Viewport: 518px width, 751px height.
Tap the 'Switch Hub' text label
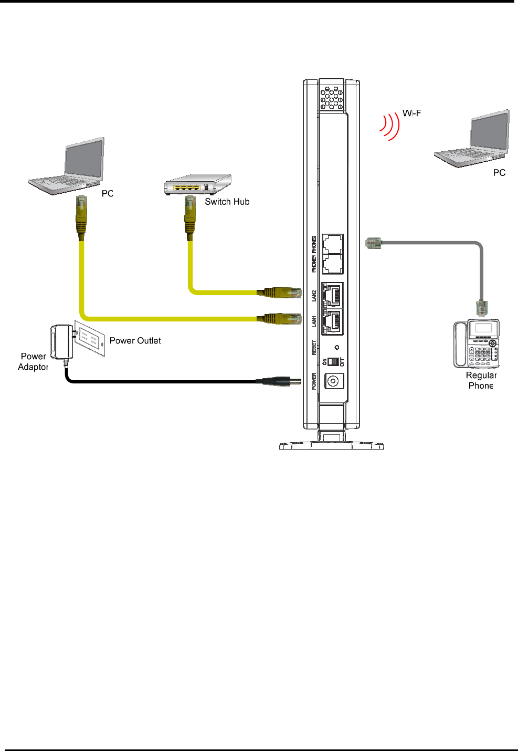[x=227, y=202]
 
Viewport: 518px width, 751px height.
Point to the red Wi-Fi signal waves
[x=388, y=126]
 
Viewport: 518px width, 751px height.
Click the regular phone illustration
[x=477, y=343]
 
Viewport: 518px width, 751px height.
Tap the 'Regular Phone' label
[x=481, y=380]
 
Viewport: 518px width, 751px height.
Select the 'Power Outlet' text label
[x=135, y=341]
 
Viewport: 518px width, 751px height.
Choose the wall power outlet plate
[x=90, y=339]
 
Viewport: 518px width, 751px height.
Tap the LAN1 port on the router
[x=332, y=321]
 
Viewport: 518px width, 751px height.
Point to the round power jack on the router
[x=334, y=381]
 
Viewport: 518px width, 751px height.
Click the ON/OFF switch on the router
[x=333, y=362]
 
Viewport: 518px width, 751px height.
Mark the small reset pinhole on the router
[x=337, y=347]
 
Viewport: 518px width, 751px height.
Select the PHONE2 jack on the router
[x=333, y=244]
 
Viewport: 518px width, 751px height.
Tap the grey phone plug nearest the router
[x=373, y=243]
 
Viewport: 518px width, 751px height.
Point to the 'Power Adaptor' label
[x=34, y=362]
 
